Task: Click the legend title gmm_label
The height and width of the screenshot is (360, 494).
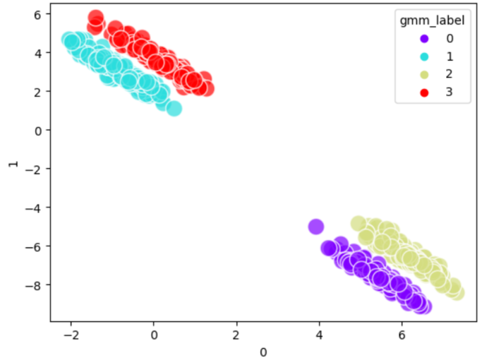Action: coord(432,21)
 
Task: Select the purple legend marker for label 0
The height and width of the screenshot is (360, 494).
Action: coord(409,39)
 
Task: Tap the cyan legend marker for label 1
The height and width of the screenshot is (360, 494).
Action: coord(409,57)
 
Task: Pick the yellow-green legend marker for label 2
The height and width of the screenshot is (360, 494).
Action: coord(409,75)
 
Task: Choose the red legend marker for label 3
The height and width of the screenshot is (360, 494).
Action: coord(409,92)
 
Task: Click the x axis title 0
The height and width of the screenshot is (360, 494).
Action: coord(263,351)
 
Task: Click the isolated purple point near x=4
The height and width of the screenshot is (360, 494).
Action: coord(316,226)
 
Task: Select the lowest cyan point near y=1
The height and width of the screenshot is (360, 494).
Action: coord(174,108)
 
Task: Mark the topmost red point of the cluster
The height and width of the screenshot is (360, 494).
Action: coord(96,17)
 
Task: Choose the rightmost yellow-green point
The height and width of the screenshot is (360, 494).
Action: coord(457,293)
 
